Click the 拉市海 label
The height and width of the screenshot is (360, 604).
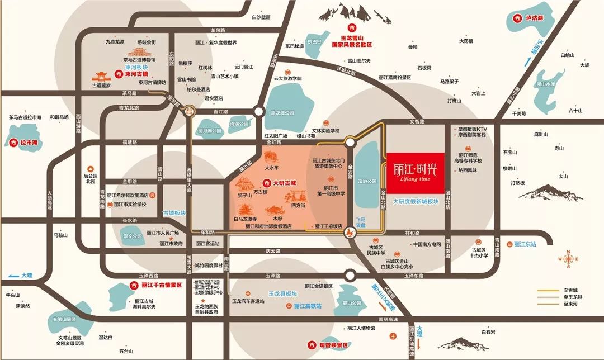(x=23, y=143)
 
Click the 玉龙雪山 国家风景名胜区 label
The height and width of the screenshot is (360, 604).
(x=352, y=40)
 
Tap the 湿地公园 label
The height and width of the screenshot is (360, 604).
(x=367, y=181)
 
